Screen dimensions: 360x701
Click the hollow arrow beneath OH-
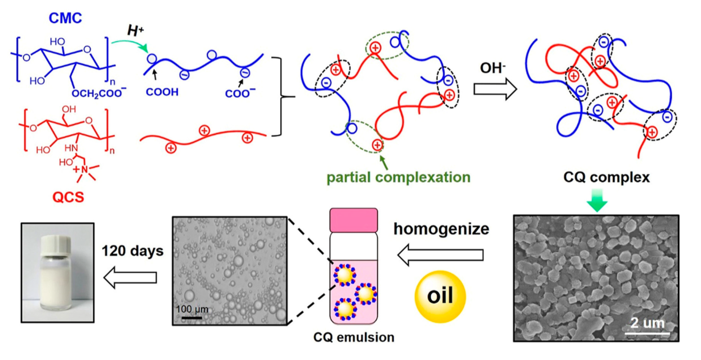pyautogui.click(x=494, y=89)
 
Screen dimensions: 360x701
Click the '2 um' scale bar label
pyautogui.click(x=644, y=323)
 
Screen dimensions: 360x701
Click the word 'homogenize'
pyautogui.click(x=441, y=229)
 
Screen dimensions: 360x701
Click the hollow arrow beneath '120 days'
pyautogui.click(x=129, y=278)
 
